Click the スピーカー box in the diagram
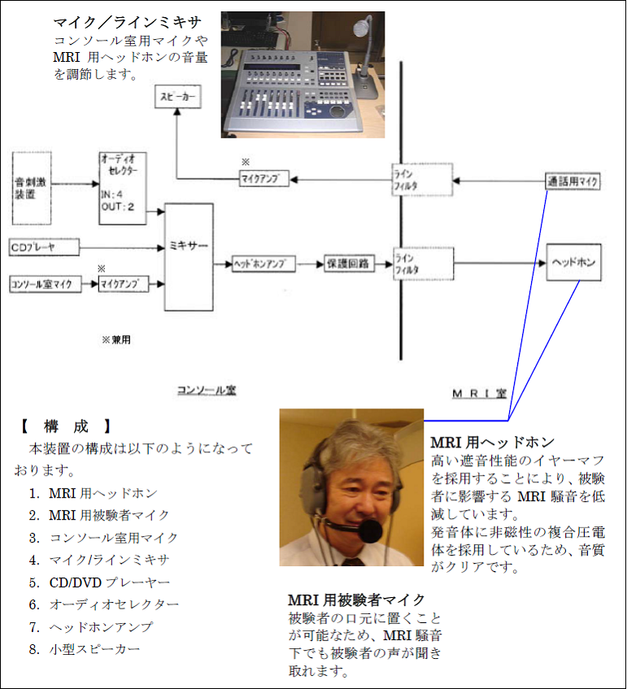click(x=176, y=99)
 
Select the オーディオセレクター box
click(x=122, y=187)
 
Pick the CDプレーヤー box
click(x=44, y=246)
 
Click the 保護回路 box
click(x=348, y=264)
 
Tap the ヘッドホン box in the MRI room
click(x=574, y=264)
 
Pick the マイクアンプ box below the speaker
click(x=264, y=177)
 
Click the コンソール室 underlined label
click(x=207, y=390)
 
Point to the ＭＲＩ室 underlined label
click(x=480, y=394)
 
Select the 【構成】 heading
click(x=65, y=425)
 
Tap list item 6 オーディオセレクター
click(x=114, y=604)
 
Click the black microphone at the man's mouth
click(x=370, y=531)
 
